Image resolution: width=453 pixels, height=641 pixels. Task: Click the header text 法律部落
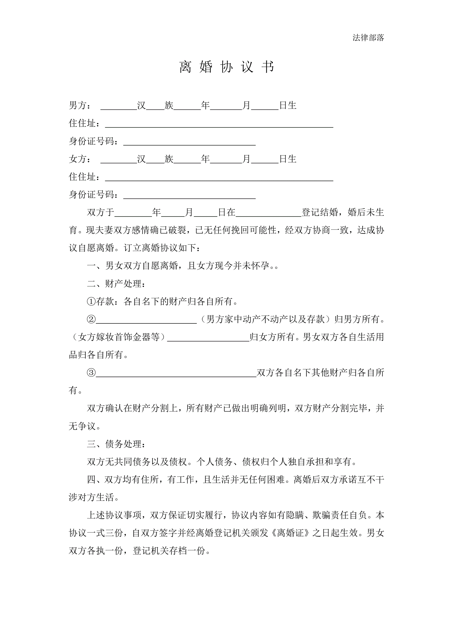tap(368, 38)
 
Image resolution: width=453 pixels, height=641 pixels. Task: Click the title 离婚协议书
tap(226, 67)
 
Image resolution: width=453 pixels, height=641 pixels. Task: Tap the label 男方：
tap(80, 105)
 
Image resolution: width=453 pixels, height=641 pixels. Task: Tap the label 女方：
tap(80, 159)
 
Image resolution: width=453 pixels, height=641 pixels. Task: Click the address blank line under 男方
tap(219, 124)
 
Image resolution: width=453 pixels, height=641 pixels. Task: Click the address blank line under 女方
tap(219, 178)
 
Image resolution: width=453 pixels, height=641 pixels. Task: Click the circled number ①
tap(91, 302)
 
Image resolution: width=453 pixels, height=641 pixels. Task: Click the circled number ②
tap(91, 319)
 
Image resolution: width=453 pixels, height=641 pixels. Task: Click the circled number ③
tap(91, 373)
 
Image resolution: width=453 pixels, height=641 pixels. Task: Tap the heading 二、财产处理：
tap(116, 284)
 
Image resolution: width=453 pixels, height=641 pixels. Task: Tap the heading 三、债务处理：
tap(116, 444)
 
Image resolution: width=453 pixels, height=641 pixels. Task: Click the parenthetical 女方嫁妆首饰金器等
tap(119, 337)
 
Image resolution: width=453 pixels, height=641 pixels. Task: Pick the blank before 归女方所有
tap(208, 338)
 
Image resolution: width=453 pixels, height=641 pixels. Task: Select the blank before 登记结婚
tap(268, 214)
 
